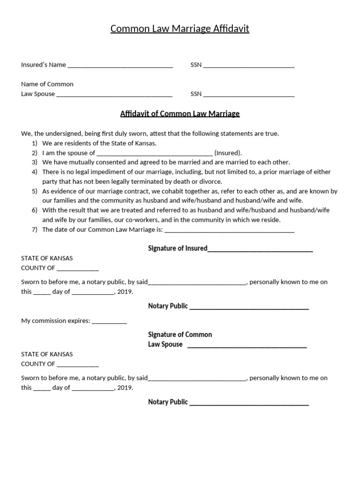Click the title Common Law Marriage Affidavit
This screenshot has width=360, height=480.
pyautogui.click(x=180, y=29)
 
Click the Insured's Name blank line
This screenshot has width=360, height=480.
pyautogui.click(x=120, y=66)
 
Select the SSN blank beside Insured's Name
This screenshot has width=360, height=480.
pyautogui.click(x=248, y=66)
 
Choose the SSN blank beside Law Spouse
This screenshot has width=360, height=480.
pyautogui.click(x=248, y=94)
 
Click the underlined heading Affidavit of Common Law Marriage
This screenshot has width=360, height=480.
pyautogui.click(x=180, y=113)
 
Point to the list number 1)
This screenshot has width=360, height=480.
pyautogui.click(x=34, y=143)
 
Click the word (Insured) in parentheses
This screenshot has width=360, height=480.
pyautogui.click(x=228, y=153)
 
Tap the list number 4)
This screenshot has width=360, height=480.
pyautogui.click(x=34, y=172)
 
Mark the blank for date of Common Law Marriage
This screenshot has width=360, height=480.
pyautogui.click(x=229, y=230)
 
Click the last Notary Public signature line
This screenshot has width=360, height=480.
pyautogui.click(x=249, y=403)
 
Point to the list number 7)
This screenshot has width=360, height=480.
pyautogui.click(x=34, y=229)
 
